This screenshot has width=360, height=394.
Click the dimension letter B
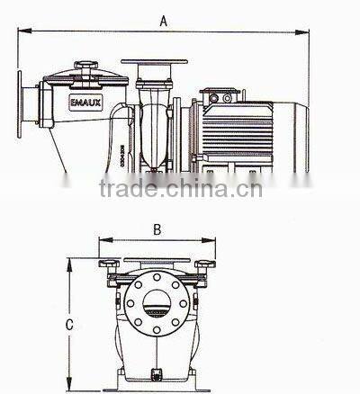pyautogui.click(x=156, y=229)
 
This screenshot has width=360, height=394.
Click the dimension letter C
pyautogui.click(x=70, y=325)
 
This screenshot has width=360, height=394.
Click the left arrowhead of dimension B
pyautogui.click(x=102, y=241)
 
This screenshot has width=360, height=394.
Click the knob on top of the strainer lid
pyautogui.click(x=86, y=65)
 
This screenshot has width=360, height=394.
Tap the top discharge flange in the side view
pyautogui.click(x=155, y=63)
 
